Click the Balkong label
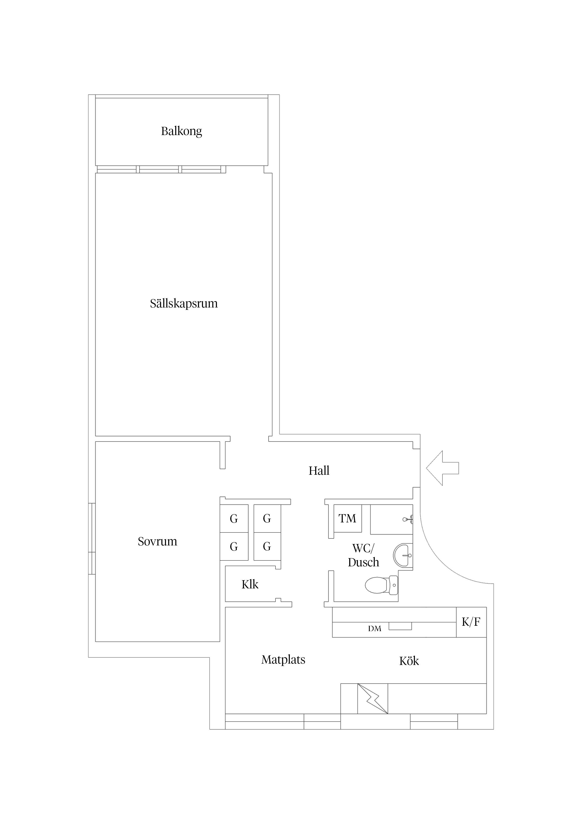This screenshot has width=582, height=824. pos(181,131)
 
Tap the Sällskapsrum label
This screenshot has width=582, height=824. pos(184,304)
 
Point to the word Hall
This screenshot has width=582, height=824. pos(319,470)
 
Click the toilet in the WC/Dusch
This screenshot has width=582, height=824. pos(381,585)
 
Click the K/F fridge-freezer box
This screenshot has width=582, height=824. pos(471,622)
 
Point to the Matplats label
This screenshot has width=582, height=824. pos(283,660)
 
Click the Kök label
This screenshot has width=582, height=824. pos(409,661)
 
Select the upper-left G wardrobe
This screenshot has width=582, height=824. pos(234,519)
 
